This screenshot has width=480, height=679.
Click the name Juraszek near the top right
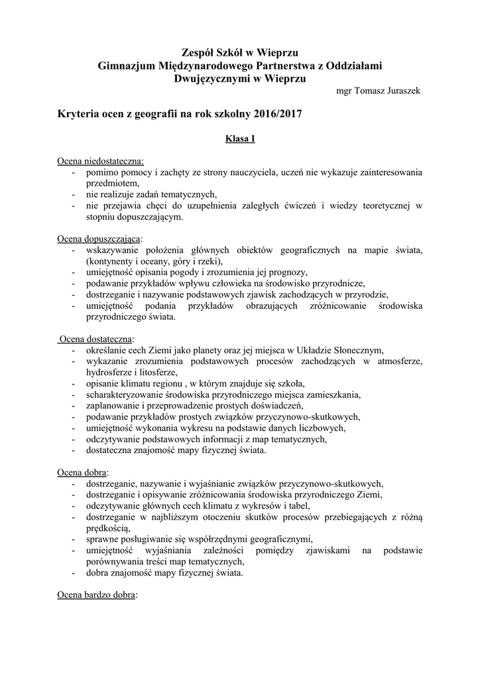[x=403, y=91]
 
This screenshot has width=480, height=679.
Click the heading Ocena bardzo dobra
[x=96, y=595]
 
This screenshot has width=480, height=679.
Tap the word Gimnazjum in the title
[x=127, y=65]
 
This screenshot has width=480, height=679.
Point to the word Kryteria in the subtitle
[x=80, y=114]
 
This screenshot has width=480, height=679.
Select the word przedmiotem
[x=112, y=184]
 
